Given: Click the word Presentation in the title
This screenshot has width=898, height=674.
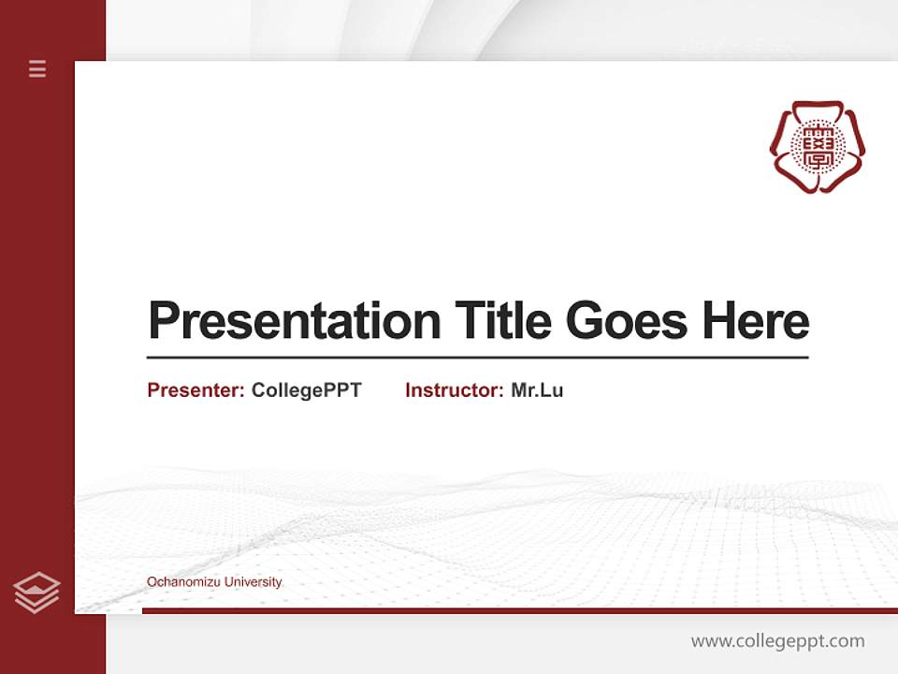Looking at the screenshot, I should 295,321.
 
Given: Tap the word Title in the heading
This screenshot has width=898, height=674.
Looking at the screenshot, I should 502,321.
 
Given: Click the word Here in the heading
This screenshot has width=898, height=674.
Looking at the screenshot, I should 755,321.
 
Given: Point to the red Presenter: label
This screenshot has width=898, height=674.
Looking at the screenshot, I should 196,390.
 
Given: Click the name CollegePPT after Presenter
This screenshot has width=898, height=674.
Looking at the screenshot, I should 306,390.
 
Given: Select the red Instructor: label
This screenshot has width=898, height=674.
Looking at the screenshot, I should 454,390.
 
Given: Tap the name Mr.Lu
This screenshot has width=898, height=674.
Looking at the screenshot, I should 537,390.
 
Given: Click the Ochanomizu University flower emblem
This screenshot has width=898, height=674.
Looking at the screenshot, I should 817,147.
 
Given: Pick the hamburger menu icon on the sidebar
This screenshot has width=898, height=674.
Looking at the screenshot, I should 37,68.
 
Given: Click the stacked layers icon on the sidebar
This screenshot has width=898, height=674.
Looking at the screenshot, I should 36,593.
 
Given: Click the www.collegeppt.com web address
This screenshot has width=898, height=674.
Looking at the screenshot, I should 777,641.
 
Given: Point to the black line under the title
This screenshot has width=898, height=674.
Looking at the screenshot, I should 477,357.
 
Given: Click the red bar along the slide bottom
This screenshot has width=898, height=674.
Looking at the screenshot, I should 519,610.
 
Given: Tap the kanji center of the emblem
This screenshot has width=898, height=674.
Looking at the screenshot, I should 817,146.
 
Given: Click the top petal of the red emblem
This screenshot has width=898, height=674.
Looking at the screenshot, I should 817,109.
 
